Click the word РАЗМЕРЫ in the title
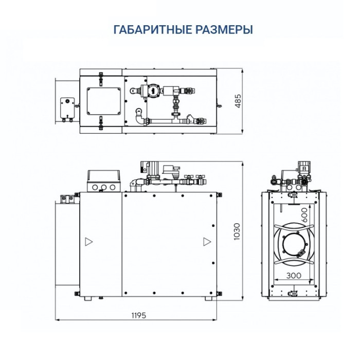[x=225, y=29]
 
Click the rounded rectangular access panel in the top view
[x=104, y=101]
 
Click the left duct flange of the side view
[x=65, y=242]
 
